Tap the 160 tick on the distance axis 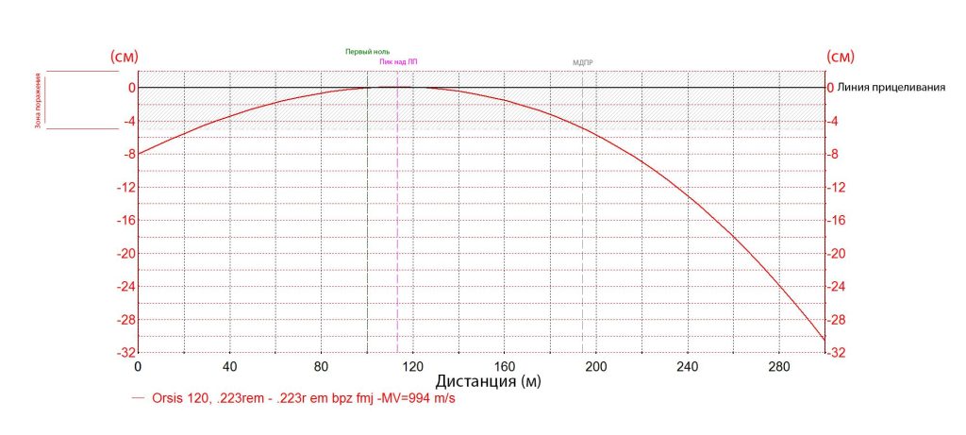point(505,366)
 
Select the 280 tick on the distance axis point(779,366)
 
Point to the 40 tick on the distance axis point(230,366)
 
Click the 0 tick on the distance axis point(139,366)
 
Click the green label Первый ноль point(367,51)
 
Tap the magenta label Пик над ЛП point(398,61)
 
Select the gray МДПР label point(583,63)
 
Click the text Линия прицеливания point(891,88)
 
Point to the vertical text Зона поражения point(39,99)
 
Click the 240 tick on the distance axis point(688,366)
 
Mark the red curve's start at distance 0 point(139,154)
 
